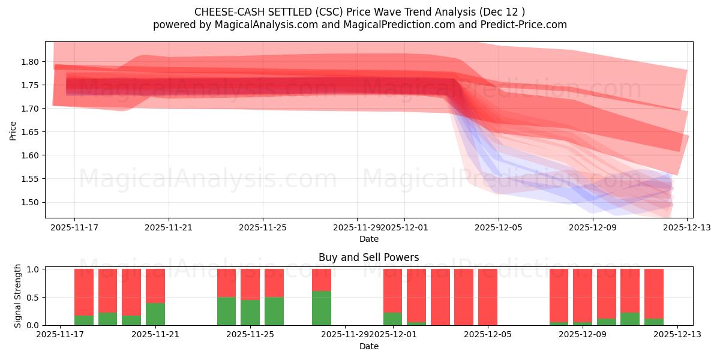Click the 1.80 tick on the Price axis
click(x=30, y=62)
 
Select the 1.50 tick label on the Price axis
click(x=30, y=202)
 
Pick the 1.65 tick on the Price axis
click(x=30, y=132)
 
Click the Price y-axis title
click(x=13, y=130)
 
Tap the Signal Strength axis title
click(x=18, y=296)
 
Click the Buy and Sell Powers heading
click(x=368, y=257)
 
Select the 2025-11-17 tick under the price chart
click(x=74, y=228)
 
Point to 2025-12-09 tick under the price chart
click(x=593, y=228)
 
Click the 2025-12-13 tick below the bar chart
click(x=677, y=335)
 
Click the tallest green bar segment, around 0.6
click(x=322, y=308)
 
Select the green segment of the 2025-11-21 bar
click(x=155, y=314)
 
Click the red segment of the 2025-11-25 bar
click(x=250, y=284)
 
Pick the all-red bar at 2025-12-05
click(x=487, y=297)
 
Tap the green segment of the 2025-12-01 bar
click(x=393, y=319)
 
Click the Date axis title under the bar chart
click(x=368, y=346)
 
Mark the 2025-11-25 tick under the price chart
click(x=263, y=228)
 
